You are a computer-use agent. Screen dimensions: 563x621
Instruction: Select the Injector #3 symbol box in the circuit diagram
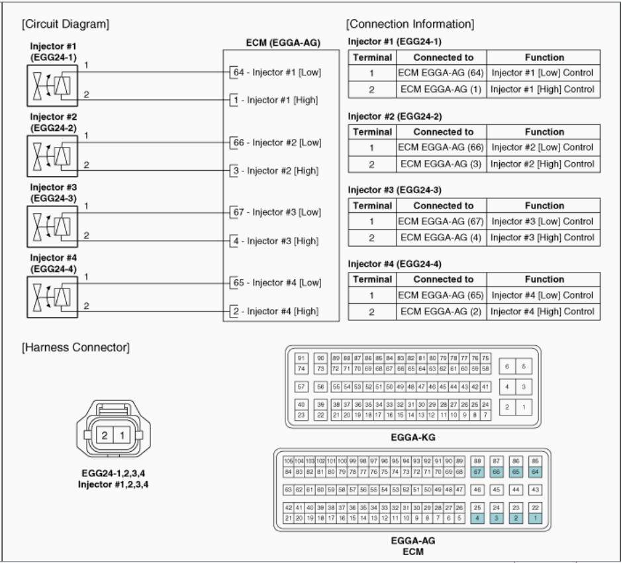tap(52, 225)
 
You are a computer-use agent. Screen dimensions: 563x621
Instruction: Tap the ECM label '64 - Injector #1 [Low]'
tap(275, 71)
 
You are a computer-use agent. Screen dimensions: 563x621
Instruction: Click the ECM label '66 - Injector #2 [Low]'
tap(275, 142)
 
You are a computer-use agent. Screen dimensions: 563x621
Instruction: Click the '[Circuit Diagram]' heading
tap(65, 24)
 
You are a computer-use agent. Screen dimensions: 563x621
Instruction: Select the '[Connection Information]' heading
tap(410, 24)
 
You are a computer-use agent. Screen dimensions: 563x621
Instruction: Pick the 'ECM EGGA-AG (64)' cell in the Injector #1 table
tap(442, 73)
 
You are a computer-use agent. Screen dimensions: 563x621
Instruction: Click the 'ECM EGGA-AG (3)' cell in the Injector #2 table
tap(442, 163)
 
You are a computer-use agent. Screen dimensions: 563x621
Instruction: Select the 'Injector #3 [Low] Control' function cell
tap(542, 222)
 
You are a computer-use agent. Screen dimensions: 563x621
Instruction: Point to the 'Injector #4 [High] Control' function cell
tap(542, 311)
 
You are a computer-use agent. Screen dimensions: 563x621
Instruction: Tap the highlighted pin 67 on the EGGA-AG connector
tap(477, 471)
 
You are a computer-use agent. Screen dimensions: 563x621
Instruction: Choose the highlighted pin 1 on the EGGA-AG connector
tap(536, 519)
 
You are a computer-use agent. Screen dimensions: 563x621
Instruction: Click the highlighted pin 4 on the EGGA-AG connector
tap(477, 519)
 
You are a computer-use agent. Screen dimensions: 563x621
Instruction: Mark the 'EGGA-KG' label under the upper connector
tap(413, 437)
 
